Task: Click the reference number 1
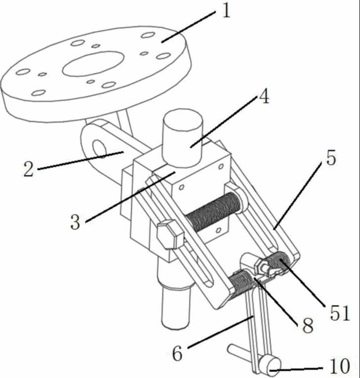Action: coord(226,11)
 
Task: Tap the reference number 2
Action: coord(28,169)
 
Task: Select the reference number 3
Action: coord(75,222)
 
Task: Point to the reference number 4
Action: coord(264,97)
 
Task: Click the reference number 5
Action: coord(331,159)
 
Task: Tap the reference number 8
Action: coord(308,325)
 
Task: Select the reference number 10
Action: coord(340,366)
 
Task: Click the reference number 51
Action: coord(340,313)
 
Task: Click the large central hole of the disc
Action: coord(93,63)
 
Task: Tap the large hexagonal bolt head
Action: coord(170,234)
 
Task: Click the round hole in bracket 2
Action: coord(99,148)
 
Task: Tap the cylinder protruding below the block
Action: coord(175,306)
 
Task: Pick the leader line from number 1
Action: coord(189,27)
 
